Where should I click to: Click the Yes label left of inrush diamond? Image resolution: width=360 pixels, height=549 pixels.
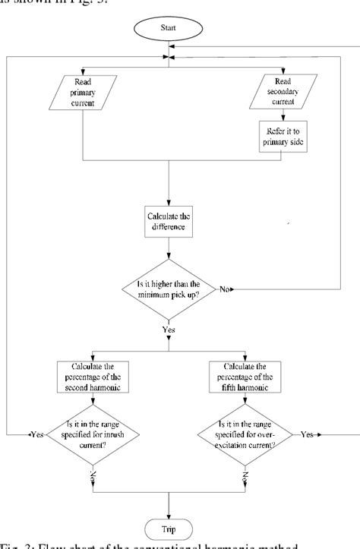tap(36, 434)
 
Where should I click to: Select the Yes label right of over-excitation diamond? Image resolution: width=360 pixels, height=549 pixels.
tap(308, 434)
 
